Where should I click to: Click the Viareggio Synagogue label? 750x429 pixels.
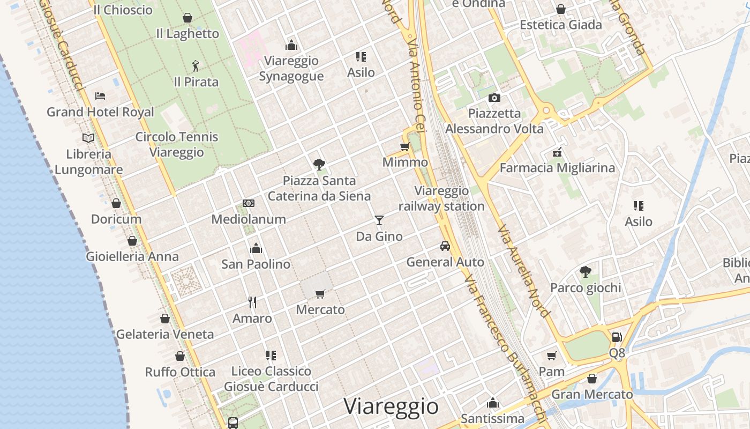(x=291, y=68)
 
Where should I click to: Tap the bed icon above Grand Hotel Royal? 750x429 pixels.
(x=100, y=96)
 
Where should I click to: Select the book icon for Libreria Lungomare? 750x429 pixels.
(x=88, y=138)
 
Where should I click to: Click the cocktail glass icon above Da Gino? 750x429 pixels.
(x=379, y=220)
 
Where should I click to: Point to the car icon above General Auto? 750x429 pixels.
(x=445, y=246)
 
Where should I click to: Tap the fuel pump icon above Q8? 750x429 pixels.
(x=617, y=337)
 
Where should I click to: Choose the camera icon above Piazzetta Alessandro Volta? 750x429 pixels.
(x=494, y=98)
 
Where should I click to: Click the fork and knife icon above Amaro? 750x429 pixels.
(x=252, y=302)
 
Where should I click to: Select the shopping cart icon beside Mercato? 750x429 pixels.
(x=320, y=294)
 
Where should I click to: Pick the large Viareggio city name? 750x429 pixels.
(x=391, y=406)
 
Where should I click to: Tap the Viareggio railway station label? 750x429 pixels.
(x=441, y=198)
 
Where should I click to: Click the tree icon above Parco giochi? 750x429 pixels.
(x=586, y=272)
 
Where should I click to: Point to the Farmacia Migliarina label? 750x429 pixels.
(x=557, y=168)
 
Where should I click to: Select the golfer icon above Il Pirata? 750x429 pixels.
(x=196, y=66)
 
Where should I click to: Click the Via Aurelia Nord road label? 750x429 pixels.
(x=523, y=271)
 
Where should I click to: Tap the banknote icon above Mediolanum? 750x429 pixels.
(x=249, y=203)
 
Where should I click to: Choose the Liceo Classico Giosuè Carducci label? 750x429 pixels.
(x=271, y=379)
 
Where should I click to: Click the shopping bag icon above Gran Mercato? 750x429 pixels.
(x=592, y=379)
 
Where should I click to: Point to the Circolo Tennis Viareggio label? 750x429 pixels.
(x=177, y=144)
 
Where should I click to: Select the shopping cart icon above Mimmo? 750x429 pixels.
(x=405, y=147)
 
